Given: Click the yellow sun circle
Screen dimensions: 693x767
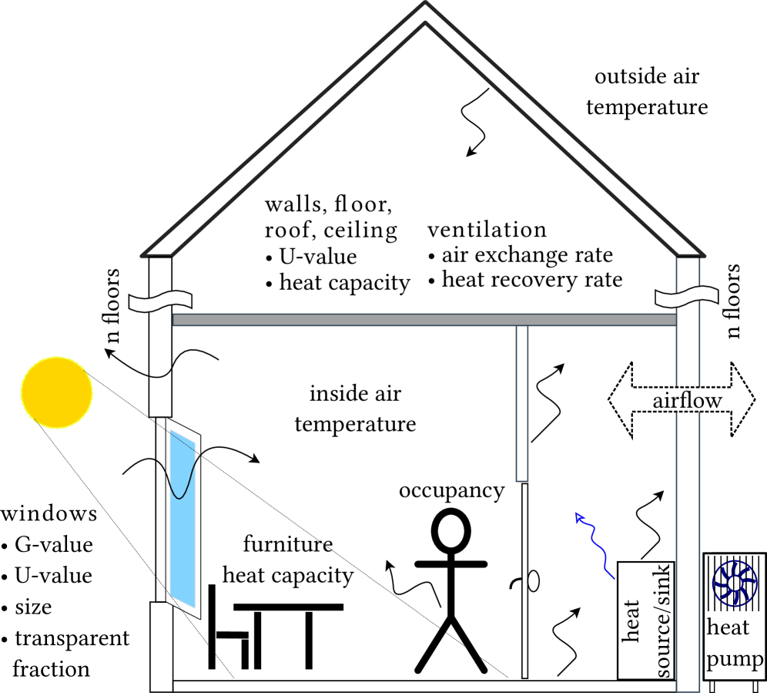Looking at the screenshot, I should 57,392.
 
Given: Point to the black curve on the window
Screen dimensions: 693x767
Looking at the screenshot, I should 183,481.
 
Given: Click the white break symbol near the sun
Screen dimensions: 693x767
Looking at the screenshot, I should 160,301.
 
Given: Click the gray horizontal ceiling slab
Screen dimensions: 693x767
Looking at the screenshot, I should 424,320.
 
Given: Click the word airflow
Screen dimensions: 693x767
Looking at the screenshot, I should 687,401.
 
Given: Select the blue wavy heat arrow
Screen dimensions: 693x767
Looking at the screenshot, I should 596,543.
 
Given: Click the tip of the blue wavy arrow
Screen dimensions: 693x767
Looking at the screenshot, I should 577,513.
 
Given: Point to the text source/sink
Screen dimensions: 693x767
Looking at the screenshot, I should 663,621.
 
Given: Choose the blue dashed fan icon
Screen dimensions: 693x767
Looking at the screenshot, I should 734,584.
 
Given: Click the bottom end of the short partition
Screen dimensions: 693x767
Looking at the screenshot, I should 522,479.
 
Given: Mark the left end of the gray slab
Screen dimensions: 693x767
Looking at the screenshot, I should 176,320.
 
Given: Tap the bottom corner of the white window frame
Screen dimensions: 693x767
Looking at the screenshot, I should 199,617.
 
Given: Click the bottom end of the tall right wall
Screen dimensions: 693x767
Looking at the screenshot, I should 688,688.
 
